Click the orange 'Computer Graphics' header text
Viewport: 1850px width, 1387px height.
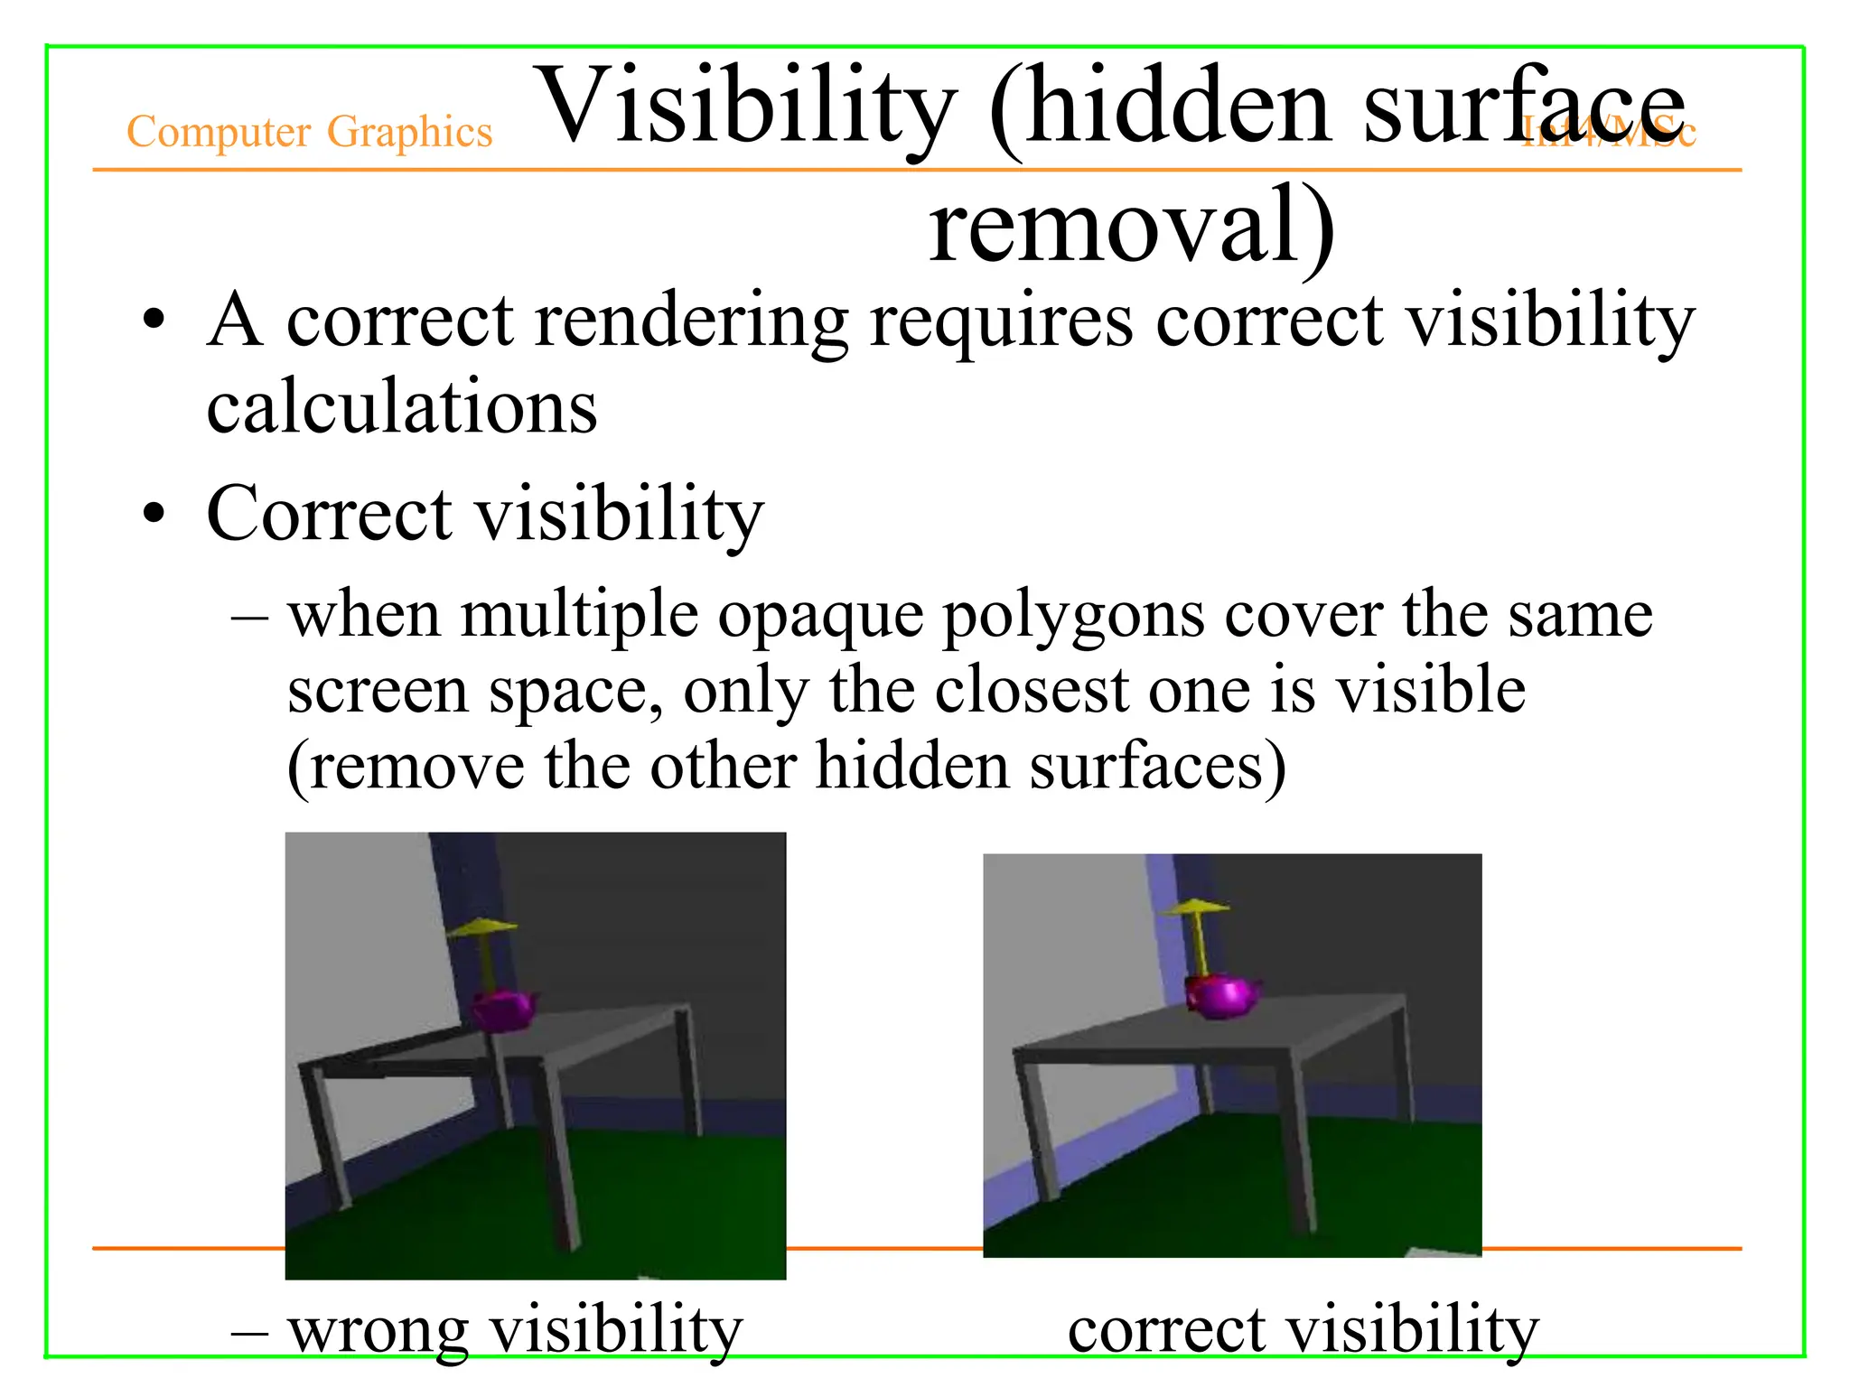(x=309, y=132)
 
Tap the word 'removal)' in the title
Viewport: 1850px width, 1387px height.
(x=1131, y=226)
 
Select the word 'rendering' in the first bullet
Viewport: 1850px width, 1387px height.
(x=691, y=321)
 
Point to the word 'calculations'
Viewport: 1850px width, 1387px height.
(x=402, y=407)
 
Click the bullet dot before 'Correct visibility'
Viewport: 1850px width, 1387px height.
(x=154, y=513)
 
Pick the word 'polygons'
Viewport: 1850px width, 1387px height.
(x=1073, y=616)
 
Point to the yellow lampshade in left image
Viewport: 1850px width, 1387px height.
(x=483, y=926)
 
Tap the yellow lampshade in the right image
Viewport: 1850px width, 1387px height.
(x=1195, y=907)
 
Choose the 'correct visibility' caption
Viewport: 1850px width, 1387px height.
(x=1303, y=1330)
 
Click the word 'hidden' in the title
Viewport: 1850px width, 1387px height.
(x=1178, y=107)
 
